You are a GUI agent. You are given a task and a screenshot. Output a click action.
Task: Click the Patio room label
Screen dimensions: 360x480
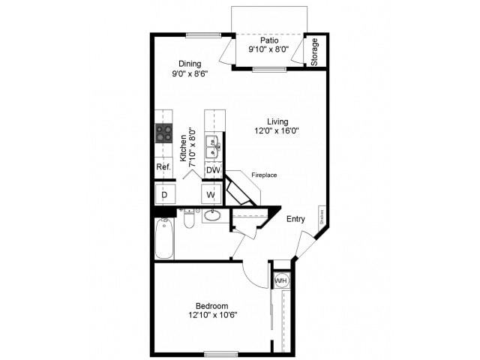(x=268, y=41)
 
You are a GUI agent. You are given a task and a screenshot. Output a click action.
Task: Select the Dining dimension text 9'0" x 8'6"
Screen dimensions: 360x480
(x=189, y=74)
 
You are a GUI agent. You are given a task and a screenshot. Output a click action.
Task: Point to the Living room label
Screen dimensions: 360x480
(x=278, y=120)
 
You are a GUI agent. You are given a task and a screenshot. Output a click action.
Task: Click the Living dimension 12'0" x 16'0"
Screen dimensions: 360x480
(x=278, y=130)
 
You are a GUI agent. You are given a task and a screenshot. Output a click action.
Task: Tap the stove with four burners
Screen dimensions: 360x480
(x=164, y=133)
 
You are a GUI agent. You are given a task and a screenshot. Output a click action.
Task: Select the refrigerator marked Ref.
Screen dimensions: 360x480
(x=163, y=167)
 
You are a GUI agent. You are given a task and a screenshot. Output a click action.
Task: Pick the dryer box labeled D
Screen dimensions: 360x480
(x=164, y=195)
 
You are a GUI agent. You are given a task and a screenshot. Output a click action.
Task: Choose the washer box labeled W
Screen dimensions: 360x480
(x=212, y=195)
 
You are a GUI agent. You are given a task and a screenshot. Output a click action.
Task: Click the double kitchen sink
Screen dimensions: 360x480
(x=213, y=145)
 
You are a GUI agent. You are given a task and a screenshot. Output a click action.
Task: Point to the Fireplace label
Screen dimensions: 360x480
(x=264, y=175)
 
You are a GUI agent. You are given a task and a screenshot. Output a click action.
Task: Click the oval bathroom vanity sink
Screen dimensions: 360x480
(x=212, y=217)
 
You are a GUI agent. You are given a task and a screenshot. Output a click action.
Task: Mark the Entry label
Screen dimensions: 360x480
(x=295, y=219)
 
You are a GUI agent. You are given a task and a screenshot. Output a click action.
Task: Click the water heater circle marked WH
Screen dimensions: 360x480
(x=281, y=280)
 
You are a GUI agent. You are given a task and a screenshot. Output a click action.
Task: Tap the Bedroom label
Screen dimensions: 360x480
(x=211, y=305)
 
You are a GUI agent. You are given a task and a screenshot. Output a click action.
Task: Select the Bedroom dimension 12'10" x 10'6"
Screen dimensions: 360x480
(x=211, y=316)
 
